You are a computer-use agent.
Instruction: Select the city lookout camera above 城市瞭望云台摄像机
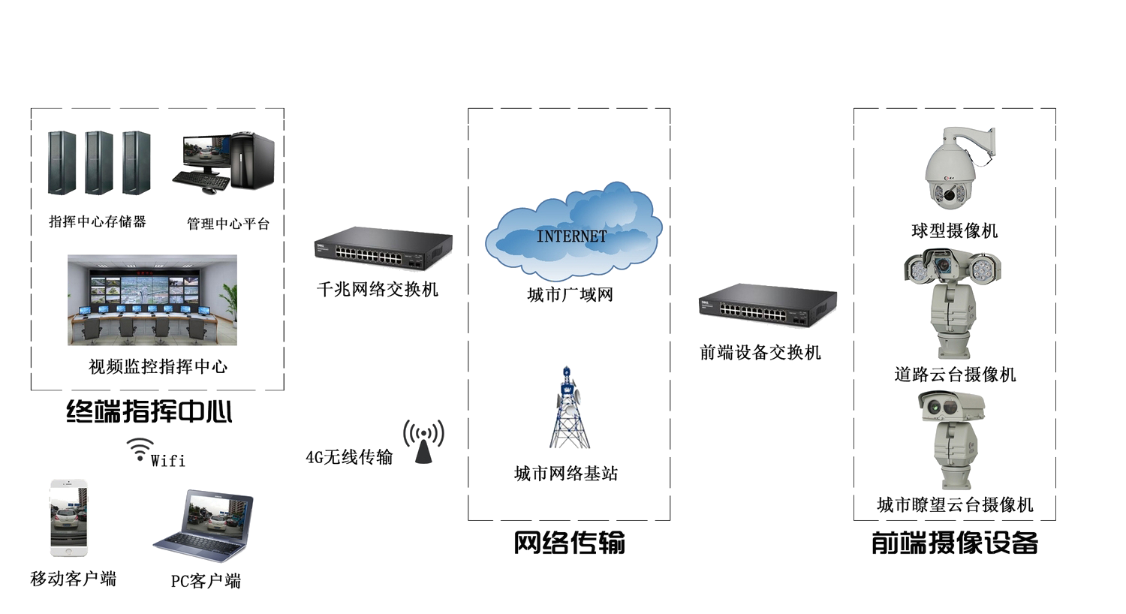(x=952, y=439)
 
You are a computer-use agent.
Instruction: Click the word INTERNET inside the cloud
(x=571, y=236)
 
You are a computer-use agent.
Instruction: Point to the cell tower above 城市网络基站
(x=568, y=409)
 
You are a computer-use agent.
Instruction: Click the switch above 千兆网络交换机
(x=383, y=248)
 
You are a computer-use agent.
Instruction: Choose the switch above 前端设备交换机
(x=767, y=305)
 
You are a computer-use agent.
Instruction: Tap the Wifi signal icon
(x=140, y=449)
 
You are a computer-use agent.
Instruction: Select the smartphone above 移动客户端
(x=68, y=518)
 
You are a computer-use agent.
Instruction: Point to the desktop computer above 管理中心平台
(x=224, y=162)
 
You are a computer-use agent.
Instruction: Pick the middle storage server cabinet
(x=98, y=163)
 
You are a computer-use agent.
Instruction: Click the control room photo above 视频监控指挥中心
(x=152, y=300)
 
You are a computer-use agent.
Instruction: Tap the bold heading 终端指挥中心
(x=149, y=411)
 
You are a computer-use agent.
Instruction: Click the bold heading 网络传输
(x=569, y=542)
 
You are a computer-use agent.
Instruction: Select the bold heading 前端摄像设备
(x=954, y=543)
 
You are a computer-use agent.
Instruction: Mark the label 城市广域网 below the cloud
(x=570, y=295)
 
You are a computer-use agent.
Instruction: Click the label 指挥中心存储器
(x=98, y=221)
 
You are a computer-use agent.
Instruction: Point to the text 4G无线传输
(x=349, y=457)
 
